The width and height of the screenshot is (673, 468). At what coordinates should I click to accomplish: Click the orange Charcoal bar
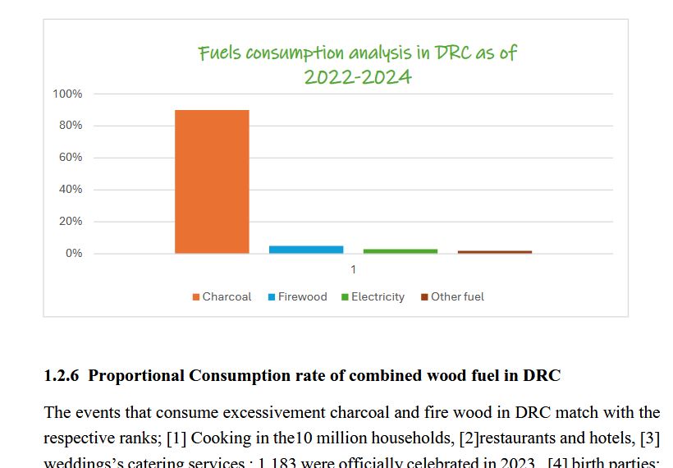(x=212, y=181)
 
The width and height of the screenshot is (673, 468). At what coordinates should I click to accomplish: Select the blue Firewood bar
(x=306, y=249)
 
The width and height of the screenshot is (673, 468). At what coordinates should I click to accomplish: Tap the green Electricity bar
(x=401, y=250)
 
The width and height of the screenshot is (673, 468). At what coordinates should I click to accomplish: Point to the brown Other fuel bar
(x=495, y=251)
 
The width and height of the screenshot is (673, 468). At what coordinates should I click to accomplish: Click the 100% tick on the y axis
(x=67, y=94)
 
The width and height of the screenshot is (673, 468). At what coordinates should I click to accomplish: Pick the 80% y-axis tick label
(x=70, y=126)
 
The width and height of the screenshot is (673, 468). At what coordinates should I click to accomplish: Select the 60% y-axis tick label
(x=70, y=158)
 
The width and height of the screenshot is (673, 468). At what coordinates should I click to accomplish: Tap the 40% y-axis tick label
(x=70, y=190)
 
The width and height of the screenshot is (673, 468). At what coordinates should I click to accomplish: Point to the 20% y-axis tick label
(x=70, y=222)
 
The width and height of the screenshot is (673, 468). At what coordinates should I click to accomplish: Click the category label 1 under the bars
(x=354, y=269)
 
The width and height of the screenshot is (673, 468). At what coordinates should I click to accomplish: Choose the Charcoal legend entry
(x=222, y=296)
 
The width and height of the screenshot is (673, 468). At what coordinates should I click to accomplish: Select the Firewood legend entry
(x=298, y=296)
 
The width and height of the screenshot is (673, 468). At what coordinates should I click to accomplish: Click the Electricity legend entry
(x=373, y=296)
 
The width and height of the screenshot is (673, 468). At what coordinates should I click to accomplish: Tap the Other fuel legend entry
(x=453, y=296)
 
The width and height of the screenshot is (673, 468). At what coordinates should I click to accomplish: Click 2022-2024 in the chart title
(x=357, y=78)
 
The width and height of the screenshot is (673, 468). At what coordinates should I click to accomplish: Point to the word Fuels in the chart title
(x=219, y=53)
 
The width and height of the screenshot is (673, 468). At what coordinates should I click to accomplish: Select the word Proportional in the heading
(x=136, y=376)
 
